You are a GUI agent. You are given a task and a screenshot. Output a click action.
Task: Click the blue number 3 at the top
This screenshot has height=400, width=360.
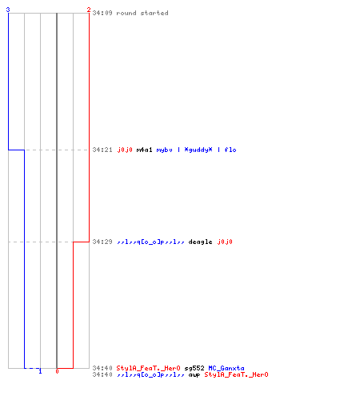coord(8,10)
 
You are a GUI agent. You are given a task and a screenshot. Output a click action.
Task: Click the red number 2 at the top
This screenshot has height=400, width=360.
coord(89,10)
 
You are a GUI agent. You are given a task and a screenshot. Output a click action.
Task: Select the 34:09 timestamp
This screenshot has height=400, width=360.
coord(102,13)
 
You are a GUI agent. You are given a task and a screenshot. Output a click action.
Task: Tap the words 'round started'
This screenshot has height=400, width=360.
coord(142,13)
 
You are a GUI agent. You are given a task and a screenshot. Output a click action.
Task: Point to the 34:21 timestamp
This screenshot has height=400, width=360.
coord(102,150)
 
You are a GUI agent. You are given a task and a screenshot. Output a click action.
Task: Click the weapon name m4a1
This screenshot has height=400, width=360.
coord(144,150)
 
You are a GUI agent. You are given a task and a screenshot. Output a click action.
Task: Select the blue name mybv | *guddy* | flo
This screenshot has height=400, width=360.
coord(196,150)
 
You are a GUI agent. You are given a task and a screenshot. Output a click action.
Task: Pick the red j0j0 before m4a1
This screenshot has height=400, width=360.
coord(125,150)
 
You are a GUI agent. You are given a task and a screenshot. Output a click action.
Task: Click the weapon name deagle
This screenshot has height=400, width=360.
coord(200,242)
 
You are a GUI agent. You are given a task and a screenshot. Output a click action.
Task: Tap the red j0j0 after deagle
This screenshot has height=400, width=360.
coord(225,242)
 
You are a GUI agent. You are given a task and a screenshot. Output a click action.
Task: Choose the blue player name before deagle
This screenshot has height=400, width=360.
coord(150,242)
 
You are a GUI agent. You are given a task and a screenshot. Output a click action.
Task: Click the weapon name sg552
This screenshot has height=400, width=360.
coord(194,368)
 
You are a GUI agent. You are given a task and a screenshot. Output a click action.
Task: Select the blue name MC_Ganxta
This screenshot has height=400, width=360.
coord(226,368)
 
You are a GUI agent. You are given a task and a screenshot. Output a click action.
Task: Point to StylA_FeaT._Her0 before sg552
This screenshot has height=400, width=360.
coord(149,368)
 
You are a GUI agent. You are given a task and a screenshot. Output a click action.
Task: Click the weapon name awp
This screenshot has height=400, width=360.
coord(194,374)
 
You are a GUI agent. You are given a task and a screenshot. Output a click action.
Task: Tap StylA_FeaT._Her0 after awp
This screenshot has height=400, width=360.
coord(236,374)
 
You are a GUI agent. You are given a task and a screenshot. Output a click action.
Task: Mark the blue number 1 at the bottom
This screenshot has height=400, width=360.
coord(40,371)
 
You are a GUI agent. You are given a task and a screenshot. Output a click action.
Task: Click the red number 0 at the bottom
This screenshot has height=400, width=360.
coord(57,371)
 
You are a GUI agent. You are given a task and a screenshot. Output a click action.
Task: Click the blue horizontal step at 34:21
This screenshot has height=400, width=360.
coord(16,150)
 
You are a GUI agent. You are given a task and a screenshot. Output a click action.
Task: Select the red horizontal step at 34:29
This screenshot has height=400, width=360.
coord(81,242)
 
